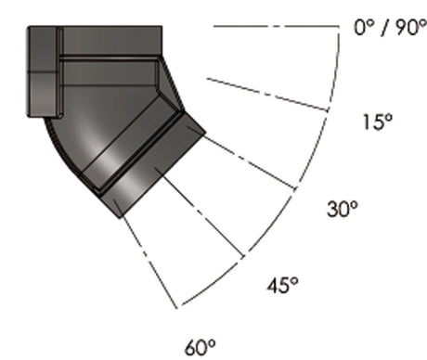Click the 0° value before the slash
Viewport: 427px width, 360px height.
click(x=363, y=29)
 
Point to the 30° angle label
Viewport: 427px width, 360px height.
click(x=341, y=210)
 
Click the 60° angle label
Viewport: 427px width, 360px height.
click(x=201, y=348)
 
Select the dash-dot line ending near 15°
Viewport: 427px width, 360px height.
click(x=269, y=95)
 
